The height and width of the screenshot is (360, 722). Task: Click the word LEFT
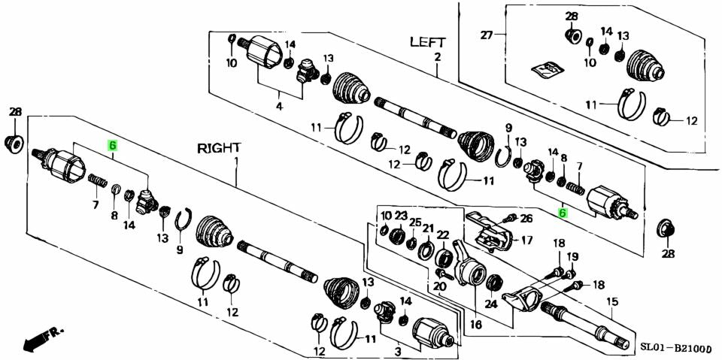pyautogui.click(x=427, y=42)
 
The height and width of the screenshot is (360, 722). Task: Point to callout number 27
pyautogui.click(x=486, y=35)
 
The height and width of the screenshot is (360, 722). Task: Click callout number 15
pyautogui.click(x=612, y=301)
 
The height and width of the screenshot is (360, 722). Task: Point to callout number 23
pyautogui.click(x=401, y=216)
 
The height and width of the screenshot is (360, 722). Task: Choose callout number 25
pyautogui.click(x=415, y=222)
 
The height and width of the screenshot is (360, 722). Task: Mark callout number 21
pyautogui.click(x=428, y=228)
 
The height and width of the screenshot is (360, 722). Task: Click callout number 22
pyautogui.click(x=442, y=234)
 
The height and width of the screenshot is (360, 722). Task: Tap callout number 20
pyautogui.click(x=440, y=286)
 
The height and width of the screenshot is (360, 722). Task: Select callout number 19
pyautogui.click(x=572, y=256)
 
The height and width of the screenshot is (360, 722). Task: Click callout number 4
pyautogui.click(x=279, y=106)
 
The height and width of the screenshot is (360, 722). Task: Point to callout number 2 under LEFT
pyautogui.click(x=437, y=57)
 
